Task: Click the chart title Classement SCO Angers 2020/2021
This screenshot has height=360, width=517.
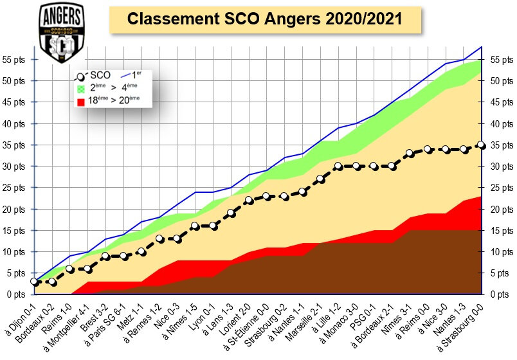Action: point(264,19)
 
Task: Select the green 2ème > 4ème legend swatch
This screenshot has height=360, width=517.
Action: point(81,87)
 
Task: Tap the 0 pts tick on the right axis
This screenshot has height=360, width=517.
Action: point(502,294)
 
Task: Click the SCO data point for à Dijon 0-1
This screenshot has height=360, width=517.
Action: point(34,282)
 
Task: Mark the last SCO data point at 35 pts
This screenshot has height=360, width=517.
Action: point(482,145)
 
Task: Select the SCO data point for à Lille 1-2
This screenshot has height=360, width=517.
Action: point(338,166)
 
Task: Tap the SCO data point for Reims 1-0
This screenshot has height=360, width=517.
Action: point(70,269)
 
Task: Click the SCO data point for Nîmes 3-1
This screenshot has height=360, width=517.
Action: point(410,154)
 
